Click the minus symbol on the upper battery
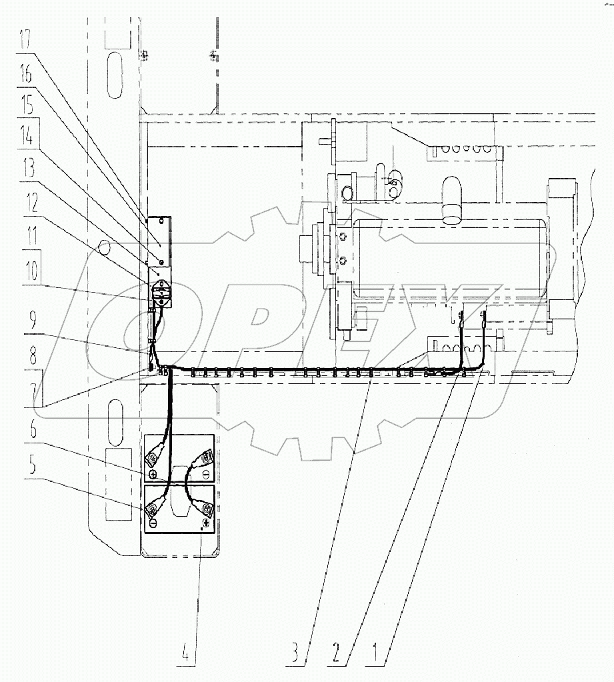click(x=205, y=473)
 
